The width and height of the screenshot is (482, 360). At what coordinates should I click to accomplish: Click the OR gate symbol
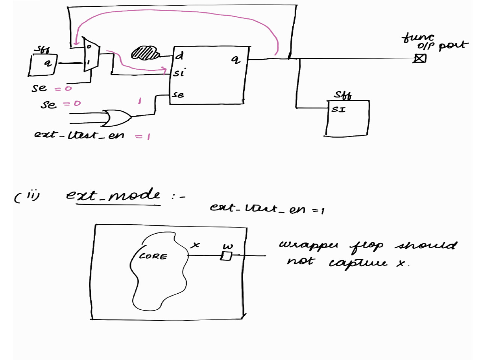(x=117, y=118)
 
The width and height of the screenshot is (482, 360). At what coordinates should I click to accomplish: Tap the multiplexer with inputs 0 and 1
(x=90, y=54)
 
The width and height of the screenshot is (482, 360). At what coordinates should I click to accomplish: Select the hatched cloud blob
(x=144, y=53)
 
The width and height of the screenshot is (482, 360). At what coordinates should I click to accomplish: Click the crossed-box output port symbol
(x=420, y=58)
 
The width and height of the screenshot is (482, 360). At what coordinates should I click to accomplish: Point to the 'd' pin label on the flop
(x=180, y=56)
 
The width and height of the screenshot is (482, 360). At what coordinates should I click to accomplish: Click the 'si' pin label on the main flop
(x=179, y=72)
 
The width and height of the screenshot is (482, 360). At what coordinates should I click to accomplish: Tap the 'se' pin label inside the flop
(x=178, y=94)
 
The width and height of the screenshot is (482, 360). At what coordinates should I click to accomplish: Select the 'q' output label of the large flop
(x=235, y=59)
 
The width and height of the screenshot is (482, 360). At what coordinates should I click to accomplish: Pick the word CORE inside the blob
(x=153, y=256)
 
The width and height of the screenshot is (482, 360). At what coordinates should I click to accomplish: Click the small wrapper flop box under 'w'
(x=226, y=256)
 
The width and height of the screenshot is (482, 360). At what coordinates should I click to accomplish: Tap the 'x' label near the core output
(x=195, y=245)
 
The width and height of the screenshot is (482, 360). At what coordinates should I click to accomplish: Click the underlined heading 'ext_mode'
(x=113, y=195)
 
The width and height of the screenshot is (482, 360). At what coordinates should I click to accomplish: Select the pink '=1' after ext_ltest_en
(x=143, y=136)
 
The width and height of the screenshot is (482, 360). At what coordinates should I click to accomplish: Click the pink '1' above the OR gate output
(x=140, y=101)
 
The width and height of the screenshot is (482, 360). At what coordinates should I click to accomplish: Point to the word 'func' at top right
(x=418, y=37)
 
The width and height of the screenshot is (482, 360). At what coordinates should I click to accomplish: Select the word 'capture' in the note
(x=358, y=263)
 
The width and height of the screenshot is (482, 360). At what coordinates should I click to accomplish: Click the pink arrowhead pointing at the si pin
(x=164, y=69)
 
